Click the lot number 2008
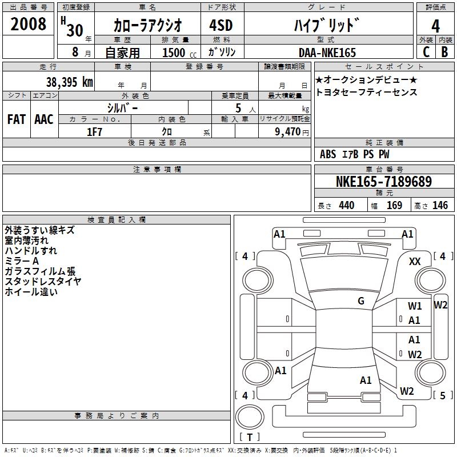point(29,25)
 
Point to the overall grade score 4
point(436,26)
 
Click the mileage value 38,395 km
point(69,82)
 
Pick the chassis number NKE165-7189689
point(384,182)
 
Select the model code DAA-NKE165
point(327,53)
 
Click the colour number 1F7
point(94,132)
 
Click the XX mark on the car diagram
point(415,261)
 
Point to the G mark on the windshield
point(361,301)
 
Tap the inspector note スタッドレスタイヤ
point(43,282)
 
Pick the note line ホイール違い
point(31,292)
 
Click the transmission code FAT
point(16,119)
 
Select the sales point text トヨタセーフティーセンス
point(366,93)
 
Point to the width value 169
point(394,206)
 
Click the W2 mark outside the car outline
point(440,304)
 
